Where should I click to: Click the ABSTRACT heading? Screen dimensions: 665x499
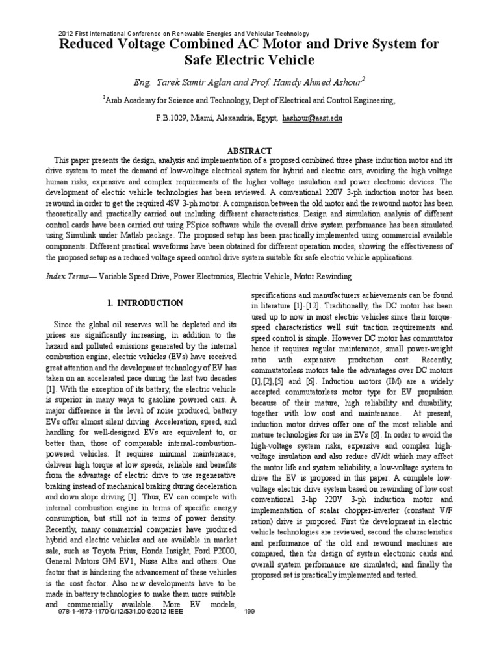(x=249, y=150)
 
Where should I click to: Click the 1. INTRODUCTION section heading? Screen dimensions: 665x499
(x=145, y=303)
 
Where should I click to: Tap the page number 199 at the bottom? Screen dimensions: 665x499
(x=249, y=611)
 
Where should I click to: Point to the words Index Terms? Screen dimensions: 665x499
(x=70, y=276)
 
